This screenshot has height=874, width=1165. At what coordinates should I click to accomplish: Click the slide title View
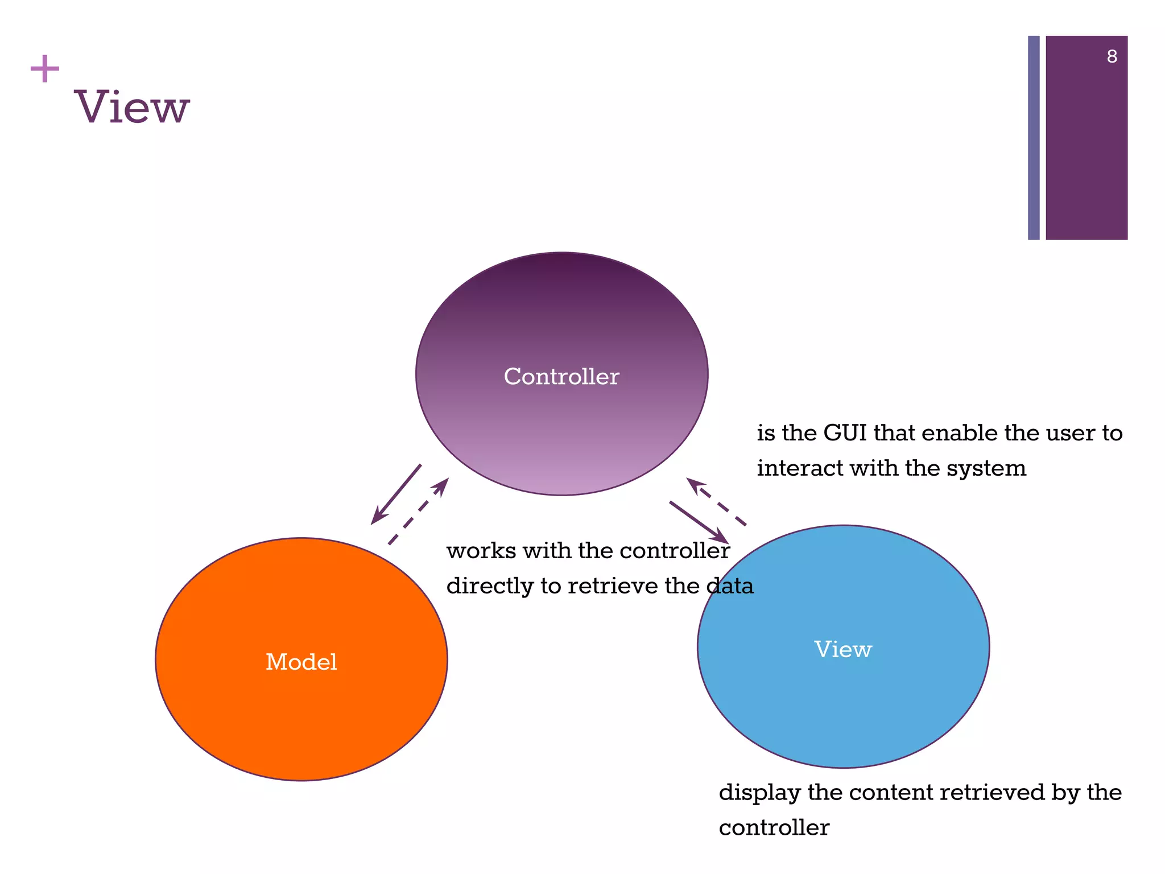[x=132, y=107]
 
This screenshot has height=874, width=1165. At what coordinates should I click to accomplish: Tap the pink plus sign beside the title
[x=44, y=69]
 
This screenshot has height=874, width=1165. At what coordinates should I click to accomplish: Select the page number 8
[x=1112, y=56]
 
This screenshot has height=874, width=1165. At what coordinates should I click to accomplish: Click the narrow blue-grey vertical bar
[x=1034, y=138]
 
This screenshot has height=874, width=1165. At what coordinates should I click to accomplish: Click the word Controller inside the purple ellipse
[x=561, y=377]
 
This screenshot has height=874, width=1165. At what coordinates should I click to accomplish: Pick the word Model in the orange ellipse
[x=301, y=662]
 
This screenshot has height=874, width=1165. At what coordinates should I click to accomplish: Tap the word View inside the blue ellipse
[x=842, y=649]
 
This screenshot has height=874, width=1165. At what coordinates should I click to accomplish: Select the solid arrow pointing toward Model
[x=396, y=494]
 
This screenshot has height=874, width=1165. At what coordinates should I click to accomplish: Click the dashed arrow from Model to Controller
[x=419, y=511]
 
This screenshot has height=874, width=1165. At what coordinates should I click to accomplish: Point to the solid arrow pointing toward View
[x=699, y=522]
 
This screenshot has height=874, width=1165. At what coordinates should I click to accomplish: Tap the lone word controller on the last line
[x=774, y=828]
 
